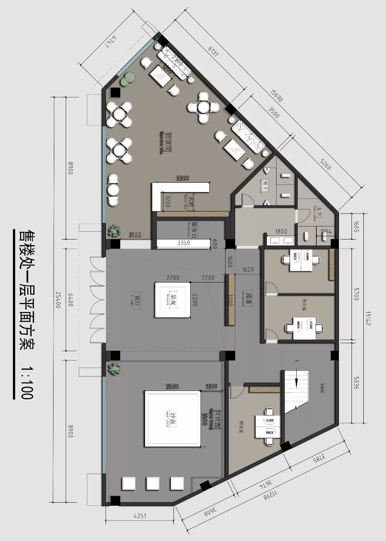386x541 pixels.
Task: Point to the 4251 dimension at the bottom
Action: (x=140, y=516)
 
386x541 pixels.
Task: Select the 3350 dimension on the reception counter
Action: (x=183, y=243)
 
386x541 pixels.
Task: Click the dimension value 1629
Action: (x=248, y=269)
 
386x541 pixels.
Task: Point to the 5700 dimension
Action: (x=356, y=294)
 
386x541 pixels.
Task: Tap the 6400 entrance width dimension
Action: (x=71, y=299)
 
